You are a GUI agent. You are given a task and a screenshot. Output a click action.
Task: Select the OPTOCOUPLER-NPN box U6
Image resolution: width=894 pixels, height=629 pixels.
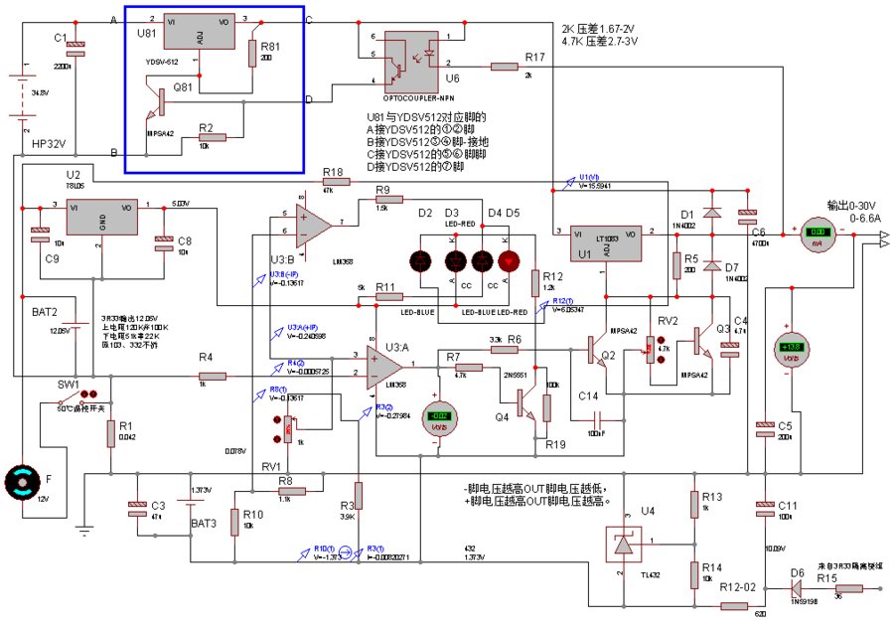click(414, 60)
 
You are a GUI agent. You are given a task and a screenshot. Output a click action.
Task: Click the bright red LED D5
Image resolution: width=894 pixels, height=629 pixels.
click(509, 262)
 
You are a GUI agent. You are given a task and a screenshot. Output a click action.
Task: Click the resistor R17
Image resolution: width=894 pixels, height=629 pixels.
click(505, 67)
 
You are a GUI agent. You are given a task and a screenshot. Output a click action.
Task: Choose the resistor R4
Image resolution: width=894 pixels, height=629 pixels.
click(212, 376)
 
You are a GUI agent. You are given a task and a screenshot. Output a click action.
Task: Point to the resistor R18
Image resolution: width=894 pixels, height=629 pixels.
click(334, 184)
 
